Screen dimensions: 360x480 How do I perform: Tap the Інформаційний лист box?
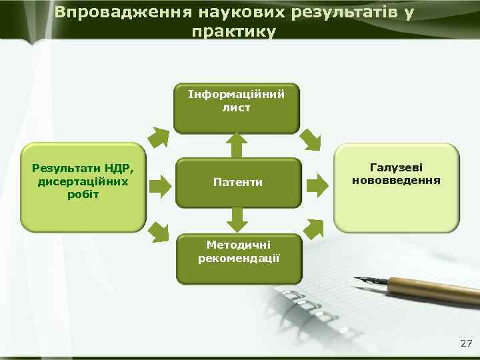[237, 107]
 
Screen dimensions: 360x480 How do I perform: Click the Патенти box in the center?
[237, 182]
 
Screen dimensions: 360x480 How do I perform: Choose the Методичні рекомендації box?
[238, 257]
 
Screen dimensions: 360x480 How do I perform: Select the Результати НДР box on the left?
[82, 187]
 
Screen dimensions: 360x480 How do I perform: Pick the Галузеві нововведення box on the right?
[396, 187]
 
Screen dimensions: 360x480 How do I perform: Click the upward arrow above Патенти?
[236, 145]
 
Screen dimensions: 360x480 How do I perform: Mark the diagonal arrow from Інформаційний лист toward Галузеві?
[311, 139]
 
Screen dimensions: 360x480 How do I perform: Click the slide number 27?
[466, 343]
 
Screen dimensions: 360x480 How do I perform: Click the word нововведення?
[396, 180]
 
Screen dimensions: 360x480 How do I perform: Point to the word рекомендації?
[238, 257]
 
